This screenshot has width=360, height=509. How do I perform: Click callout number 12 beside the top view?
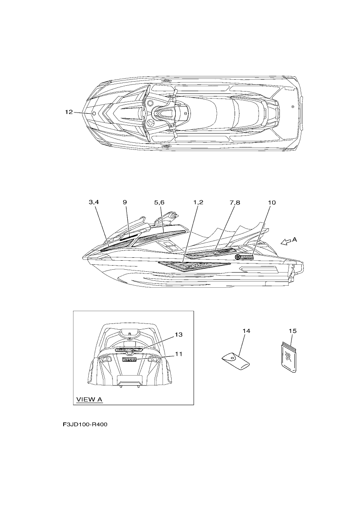coord(69,112)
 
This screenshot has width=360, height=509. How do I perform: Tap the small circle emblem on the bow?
coord(94,114)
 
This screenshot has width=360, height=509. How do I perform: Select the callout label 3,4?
coord(94,202)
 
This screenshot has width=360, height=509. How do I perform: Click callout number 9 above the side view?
coord(125,202)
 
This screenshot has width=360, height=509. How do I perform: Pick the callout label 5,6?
coord(159,202)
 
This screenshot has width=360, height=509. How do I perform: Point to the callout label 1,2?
coord(198,202)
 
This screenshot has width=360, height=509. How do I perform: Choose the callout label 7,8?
coord(235,202)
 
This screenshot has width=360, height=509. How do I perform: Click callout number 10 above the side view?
coord(272,202)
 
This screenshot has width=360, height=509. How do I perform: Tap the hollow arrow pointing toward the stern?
coord(286,242)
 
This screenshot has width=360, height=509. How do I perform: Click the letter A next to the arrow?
coord(295,239)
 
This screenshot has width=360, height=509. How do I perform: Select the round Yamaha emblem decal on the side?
coord(238,257)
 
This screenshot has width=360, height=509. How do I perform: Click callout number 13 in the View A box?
coord(179,335)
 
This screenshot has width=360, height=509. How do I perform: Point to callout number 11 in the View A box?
coord(179,354)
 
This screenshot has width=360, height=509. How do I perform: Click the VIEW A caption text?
coord(89,399)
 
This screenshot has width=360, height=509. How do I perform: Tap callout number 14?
coord(246,331)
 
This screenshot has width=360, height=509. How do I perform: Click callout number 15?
coord(293,331)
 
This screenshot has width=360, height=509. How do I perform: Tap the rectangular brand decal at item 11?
coord(129,359)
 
